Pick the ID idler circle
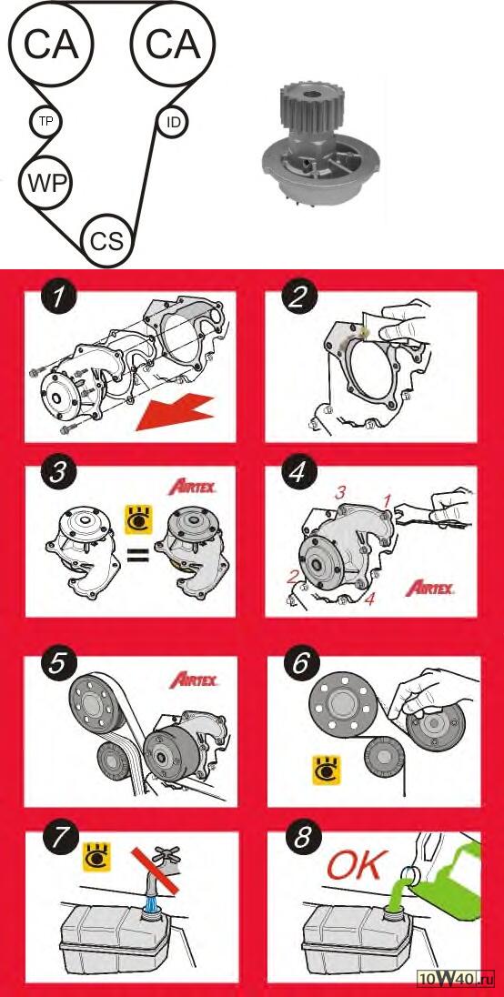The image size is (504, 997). tap(173, 122)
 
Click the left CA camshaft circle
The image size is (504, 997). tap(51, 44)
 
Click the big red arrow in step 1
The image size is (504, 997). tap(174, 411)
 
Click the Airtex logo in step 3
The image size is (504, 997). tap(193, 488)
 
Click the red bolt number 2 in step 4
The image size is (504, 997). tap(293, 578)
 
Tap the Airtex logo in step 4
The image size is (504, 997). tap(429, 588)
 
